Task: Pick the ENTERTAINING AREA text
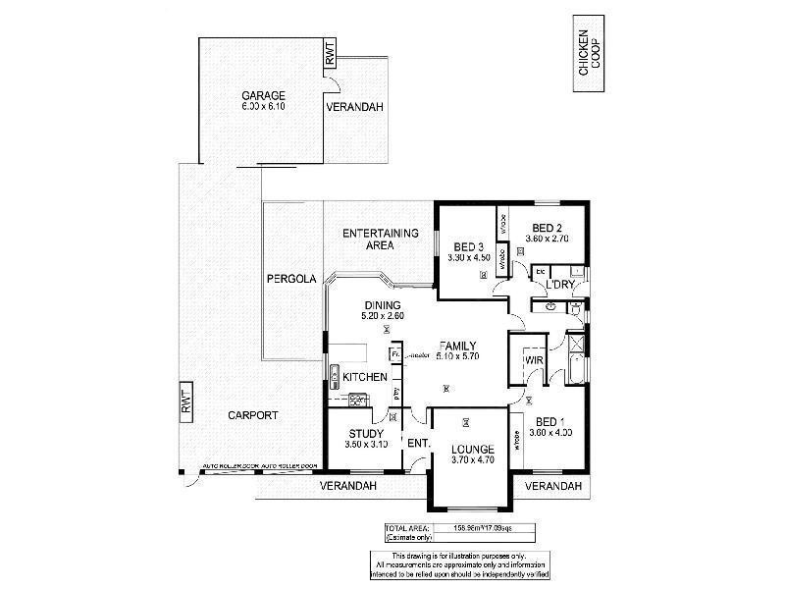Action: coord(381,240)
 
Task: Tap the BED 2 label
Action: coord(547,228)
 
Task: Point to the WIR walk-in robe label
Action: coord(535,361)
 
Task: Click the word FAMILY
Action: coord(457,346)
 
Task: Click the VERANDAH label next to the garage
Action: coord(354,106)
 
